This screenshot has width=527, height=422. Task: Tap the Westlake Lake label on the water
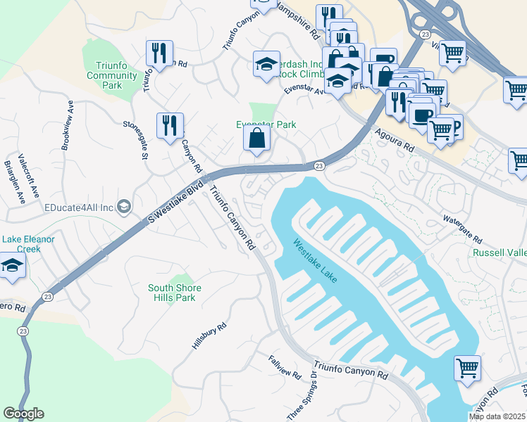click(x=316, y=261)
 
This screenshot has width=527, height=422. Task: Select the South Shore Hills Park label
click(x=175, y=293)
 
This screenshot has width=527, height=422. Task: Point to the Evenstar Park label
click(x=266, y=124)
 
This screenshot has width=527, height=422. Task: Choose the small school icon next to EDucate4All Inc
click(x=124, y=206)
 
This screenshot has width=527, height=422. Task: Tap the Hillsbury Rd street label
click(x=209, y=335)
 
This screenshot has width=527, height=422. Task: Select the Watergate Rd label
click(x=462, y=226)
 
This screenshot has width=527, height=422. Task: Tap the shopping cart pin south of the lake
click(x=468, y=368)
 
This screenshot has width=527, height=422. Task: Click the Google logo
click(x=23, y=414)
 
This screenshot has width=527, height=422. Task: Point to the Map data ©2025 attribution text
click(x=497, y=416)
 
